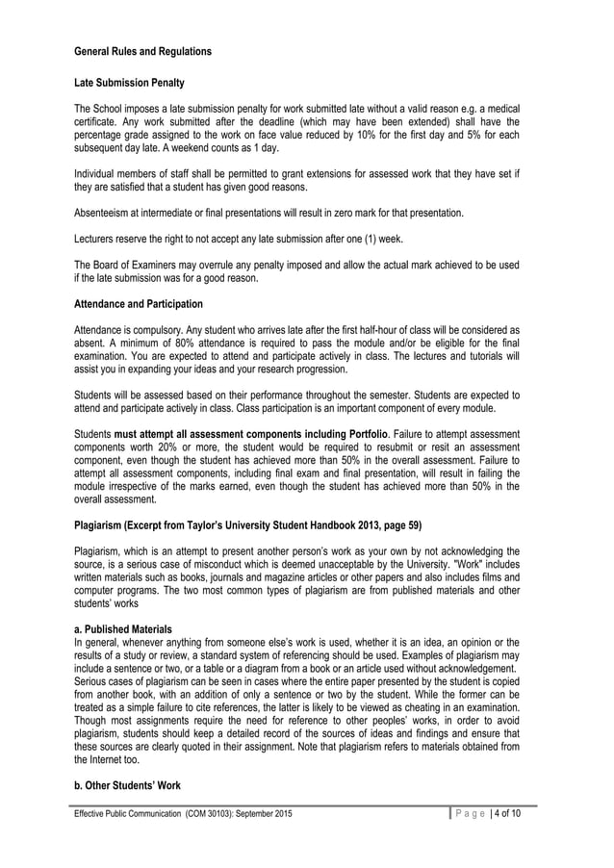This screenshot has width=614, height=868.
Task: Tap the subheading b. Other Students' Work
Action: click(x=128, y=785)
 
